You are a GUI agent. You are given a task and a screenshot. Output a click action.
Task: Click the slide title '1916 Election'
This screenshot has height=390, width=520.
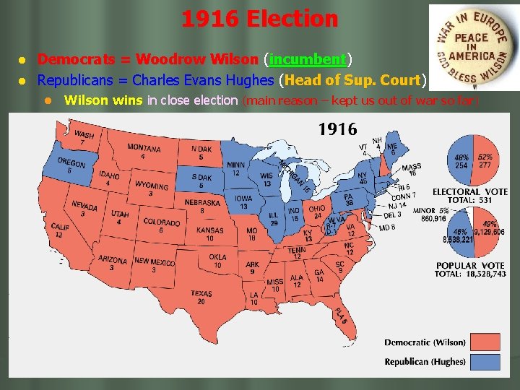click(x=259, y=18)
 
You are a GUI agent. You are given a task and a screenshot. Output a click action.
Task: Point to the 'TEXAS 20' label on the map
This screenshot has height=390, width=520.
click(x=201, y=297)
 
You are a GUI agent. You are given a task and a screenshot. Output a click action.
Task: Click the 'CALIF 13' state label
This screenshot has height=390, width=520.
click(x=61, y=230)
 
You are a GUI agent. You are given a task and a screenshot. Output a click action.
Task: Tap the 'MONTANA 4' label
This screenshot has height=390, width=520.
click(x=144, y=151)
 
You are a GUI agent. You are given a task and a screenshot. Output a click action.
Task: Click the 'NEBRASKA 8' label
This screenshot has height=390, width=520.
click(x=202, y=207)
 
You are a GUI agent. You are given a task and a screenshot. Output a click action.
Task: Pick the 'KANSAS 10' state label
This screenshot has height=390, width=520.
click(x=210, y=234)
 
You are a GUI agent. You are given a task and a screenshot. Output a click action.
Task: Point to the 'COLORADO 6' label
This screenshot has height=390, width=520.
click(x=162, y=225)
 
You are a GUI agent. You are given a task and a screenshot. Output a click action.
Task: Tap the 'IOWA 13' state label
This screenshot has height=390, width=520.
click(x=243, y=202)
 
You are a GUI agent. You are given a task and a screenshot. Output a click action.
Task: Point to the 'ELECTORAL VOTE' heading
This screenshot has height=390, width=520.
click(x=469, y=191)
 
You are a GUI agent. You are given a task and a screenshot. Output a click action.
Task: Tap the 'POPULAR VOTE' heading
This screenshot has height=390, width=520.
click(x=470, y=265)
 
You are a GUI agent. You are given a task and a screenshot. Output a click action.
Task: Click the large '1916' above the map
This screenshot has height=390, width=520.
click(x=337, y=130)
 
